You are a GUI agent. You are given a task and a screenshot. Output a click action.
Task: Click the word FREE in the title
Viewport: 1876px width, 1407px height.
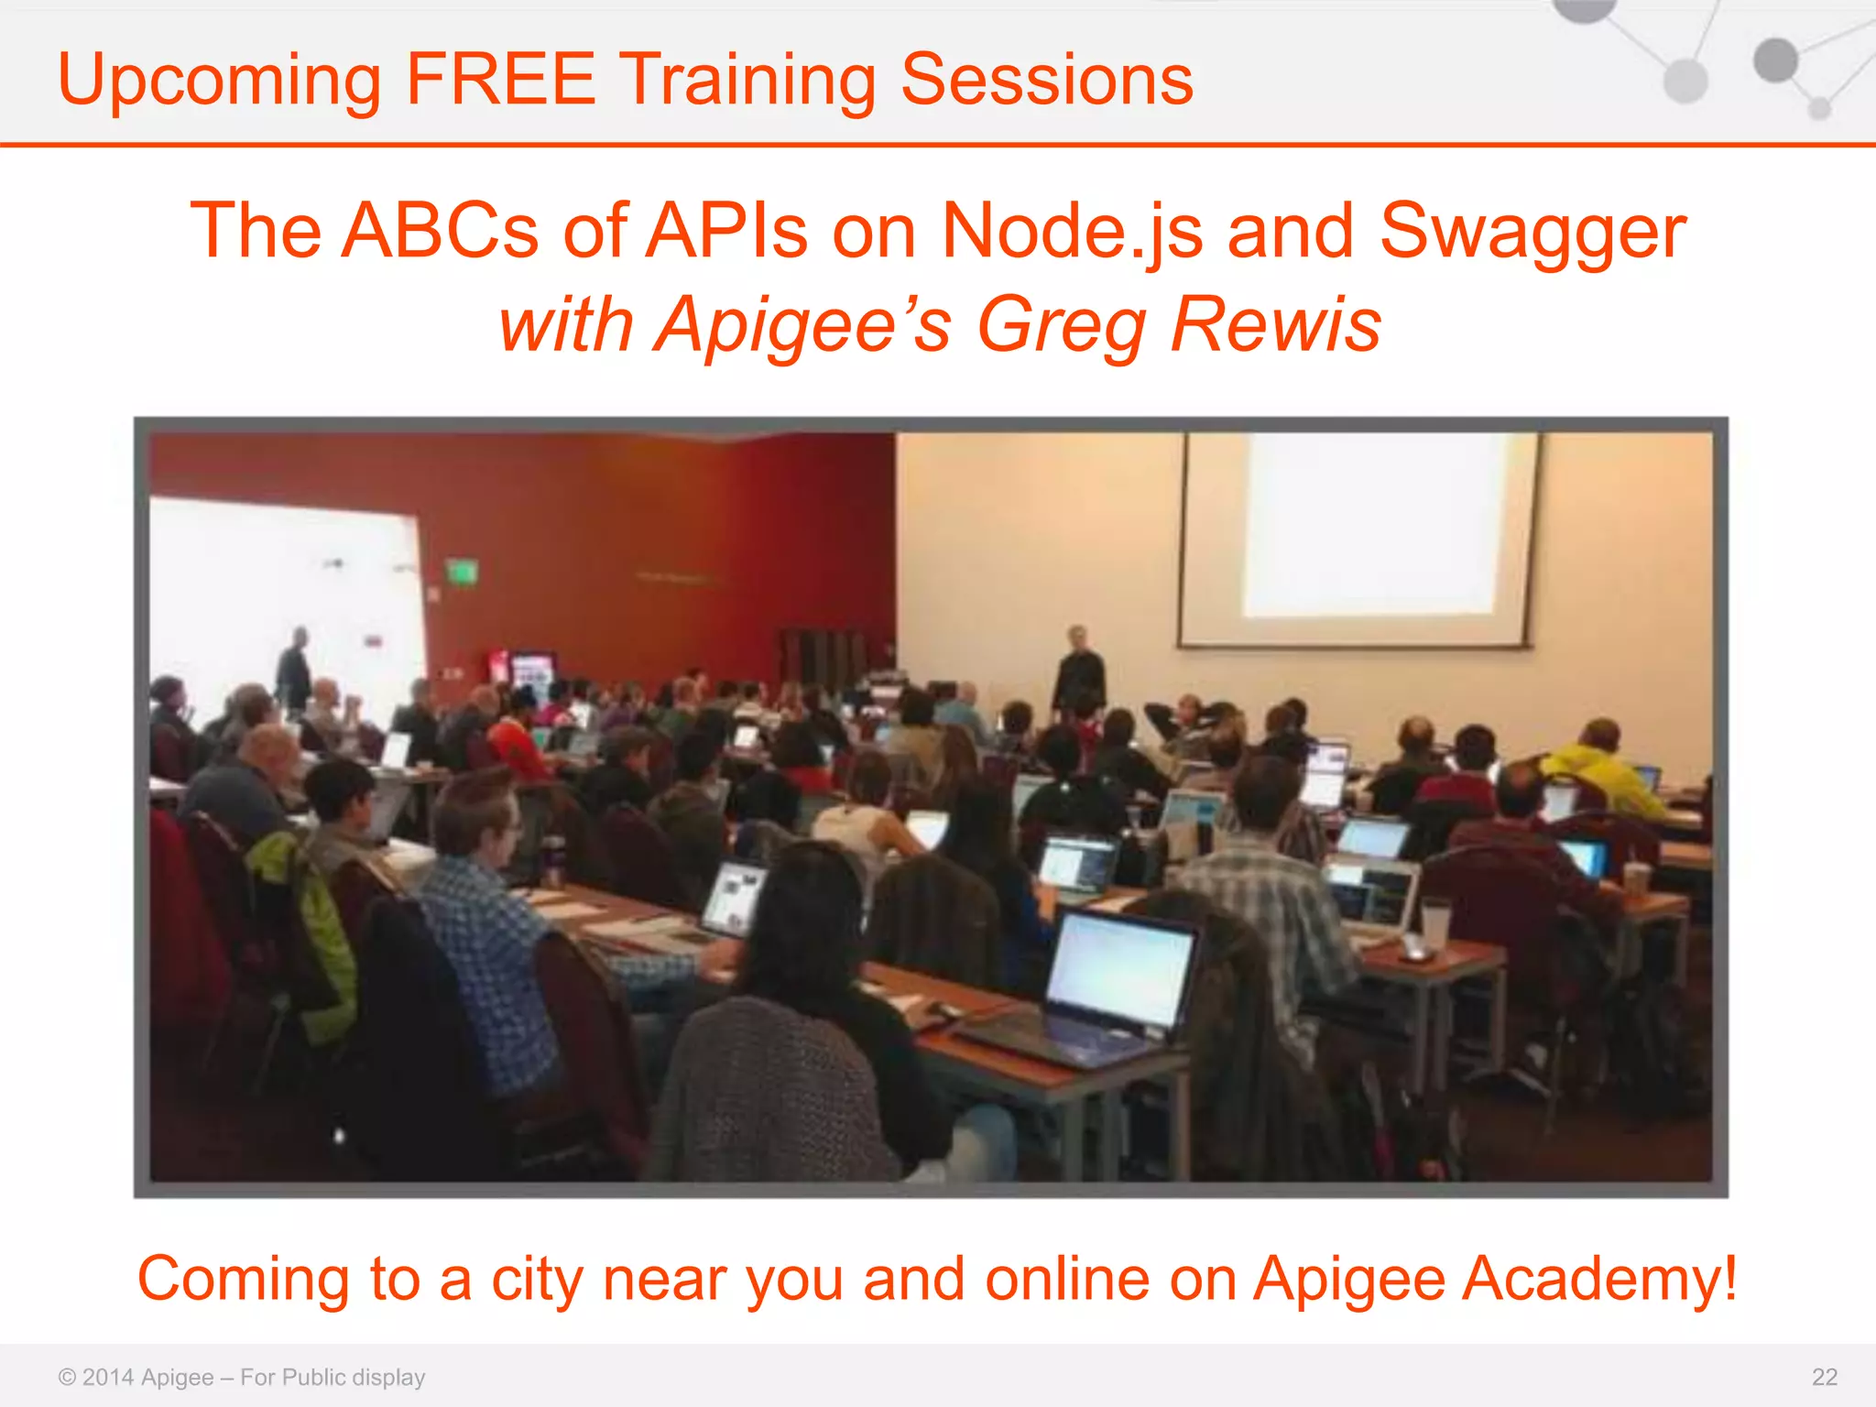tap(500, 79)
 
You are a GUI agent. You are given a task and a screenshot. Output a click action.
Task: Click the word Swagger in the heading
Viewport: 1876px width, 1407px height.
tap(1532, 233)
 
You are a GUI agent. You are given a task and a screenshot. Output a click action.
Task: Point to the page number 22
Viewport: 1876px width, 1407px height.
tap(1824, 1377)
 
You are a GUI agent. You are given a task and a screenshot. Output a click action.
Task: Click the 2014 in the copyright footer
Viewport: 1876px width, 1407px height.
tap(108, 1377)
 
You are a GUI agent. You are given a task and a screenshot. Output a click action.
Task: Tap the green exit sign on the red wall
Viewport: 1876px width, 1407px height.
tap(462, 573)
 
